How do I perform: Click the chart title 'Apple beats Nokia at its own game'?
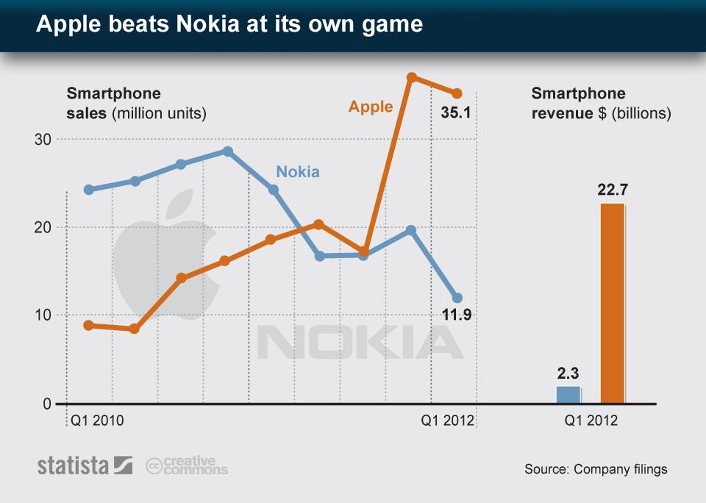click(229, 24)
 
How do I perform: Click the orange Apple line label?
click(371, 107)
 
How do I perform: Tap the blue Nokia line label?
click(298, 172)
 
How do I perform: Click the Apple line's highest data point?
click(412, 77)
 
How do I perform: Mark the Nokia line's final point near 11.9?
click(457, 298)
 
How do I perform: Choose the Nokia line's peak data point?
click(228, 151)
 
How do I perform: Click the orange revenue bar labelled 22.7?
click(613, 303)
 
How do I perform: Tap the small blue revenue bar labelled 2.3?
click(568, 395)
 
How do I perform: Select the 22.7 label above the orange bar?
click(612, 190)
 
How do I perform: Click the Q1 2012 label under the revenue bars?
click(591, 422)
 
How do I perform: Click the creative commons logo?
click(187, 465)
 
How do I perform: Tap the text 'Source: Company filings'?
click(596, 469)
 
